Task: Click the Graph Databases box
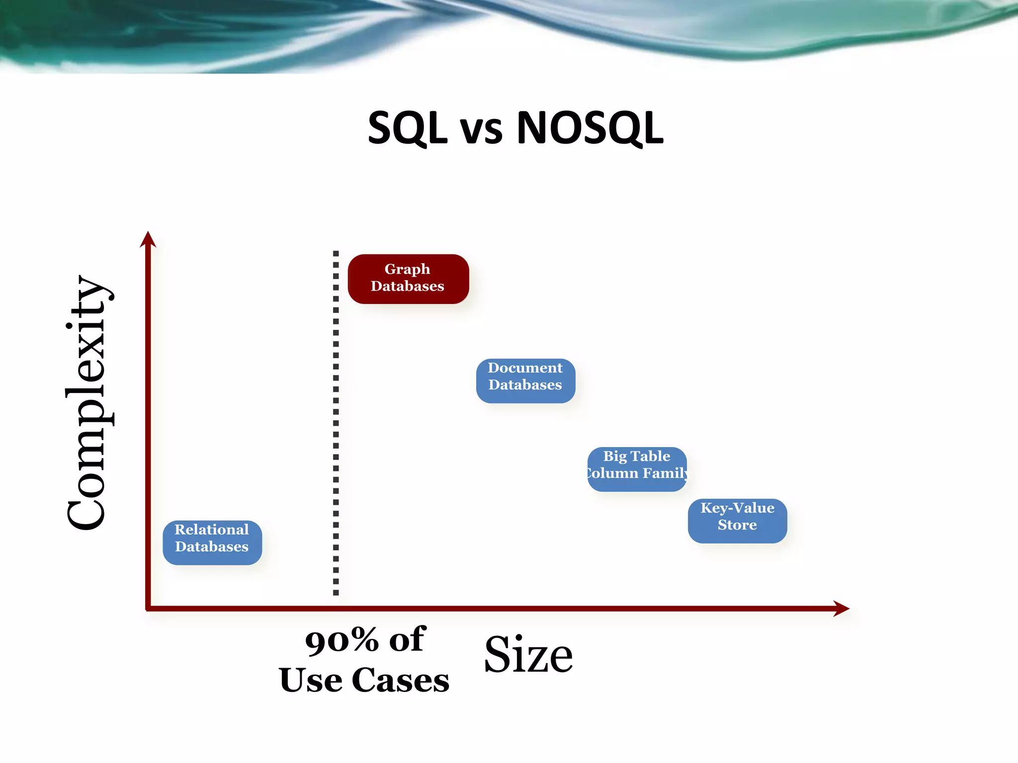click(x=408, y=279)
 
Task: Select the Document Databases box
click(x=525, y=381)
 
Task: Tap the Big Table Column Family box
click(x=637, y=469)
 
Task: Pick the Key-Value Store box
click(x=737, y=521)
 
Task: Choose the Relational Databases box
click(x=212, y=542)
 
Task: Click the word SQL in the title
click(x=408, y=128)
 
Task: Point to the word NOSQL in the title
click(x=590, y=128)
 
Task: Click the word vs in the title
click(x=481, y=131)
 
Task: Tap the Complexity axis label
click(x=88, y=402)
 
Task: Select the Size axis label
click(x=528, y=656)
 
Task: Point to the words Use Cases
click(x=364, y=681)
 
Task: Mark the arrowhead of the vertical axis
click(x=148, y=239)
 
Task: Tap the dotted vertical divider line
click(x=336, y=422)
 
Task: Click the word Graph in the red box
click(x=407, y=269)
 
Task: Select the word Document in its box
click(x=525, y=368)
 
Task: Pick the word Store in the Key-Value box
click(x=737, y=525)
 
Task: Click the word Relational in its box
click(x=212, y=530)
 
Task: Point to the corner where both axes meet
click(x=148, y=608)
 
